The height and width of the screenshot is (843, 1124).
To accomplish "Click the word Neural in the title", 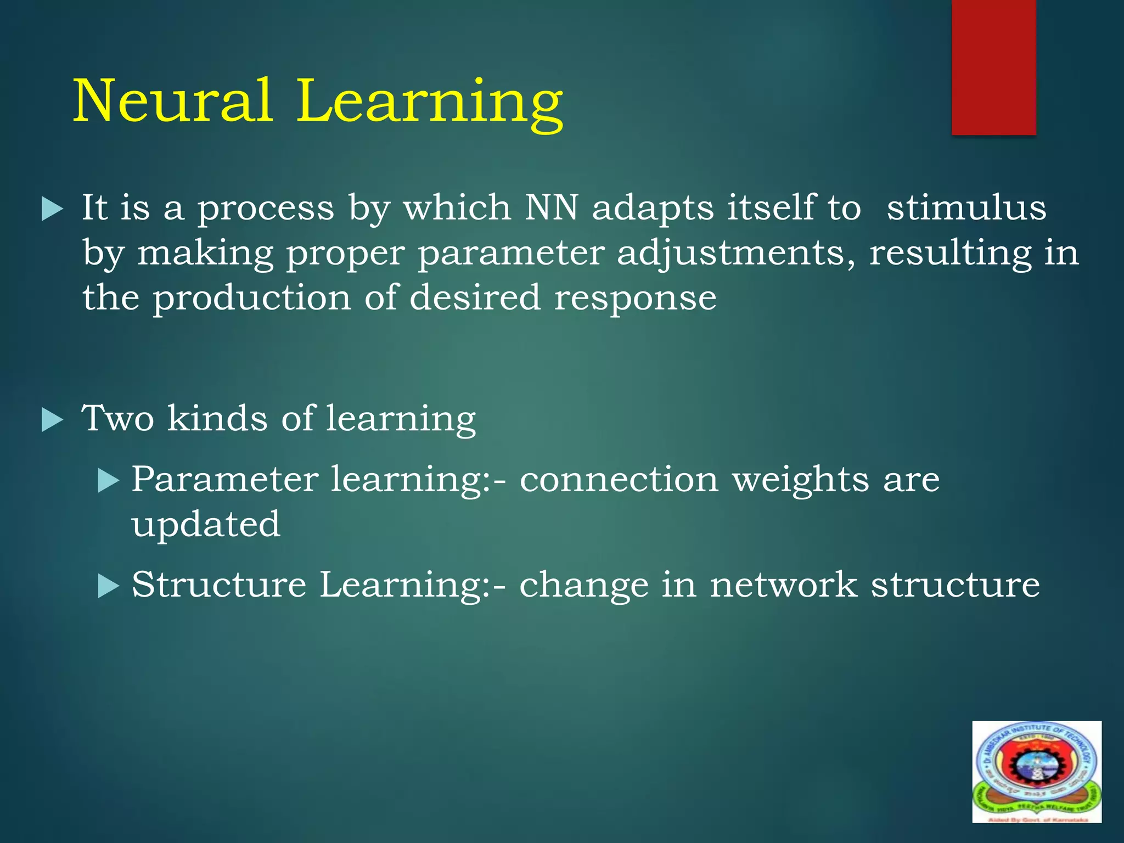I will click(x=173, y=102).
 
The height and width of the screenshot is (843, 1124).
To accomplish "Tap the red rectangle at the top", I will click(x=993, y=67).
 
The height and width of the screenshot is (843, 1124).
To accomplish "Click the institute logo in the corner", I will click(x=1036, y=772).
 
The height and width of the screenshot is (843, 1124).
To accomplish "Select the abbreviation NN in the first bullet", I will click(x=551, y=208).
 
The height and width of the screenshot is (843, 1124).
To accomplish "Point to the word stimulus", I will click(x=966, y=208).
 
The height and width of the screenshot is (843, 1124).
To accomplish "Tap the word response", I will click(x=635, y=298).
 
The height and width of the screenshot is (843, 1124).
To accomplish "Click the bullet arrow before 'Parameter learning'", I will click(x=108, y=481).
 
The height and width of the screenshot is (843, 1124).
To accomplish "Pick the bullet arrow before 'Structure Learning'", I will click(x=108, y=587).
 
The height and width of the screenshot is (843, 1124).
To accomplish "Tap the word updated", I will click(x=206, y=525).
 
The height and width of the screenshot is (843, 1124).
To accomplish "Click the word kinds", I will click(x=217, y=419).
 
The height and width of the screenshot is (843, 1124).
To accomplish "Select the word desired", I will click(x=475, y=298).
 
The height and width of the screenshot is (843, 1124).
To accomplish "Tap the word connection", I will click(x=619, y=480).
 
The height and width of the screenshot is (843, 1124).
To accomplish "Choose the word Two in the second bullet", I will click(x=117, y=419).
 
